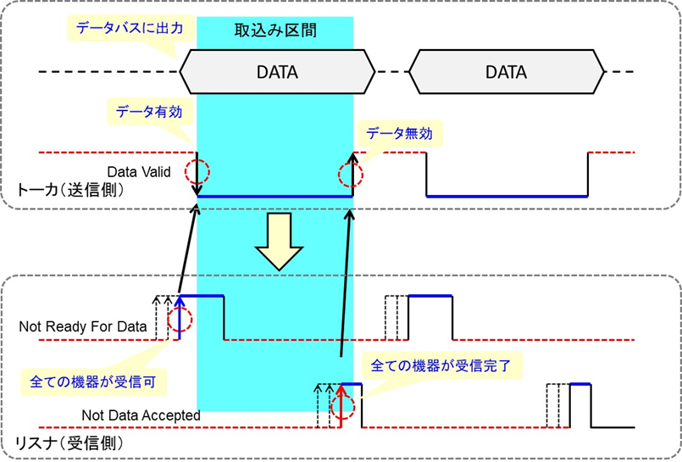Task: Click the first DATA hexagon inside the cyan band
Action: (x=277, y=72)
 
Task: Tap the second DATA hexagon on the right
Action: (x=506, y=72)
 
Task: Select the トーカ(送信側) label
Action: (x=69, y=191)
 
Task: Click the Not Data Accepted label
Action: (x=141, y=415)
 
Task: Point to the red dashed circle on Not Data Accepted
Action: (x=342, y=404)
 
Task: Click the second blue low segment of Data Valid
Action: (x=507, y=196)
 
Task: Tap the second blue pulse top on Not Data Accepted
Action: (x=580, y=384)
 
